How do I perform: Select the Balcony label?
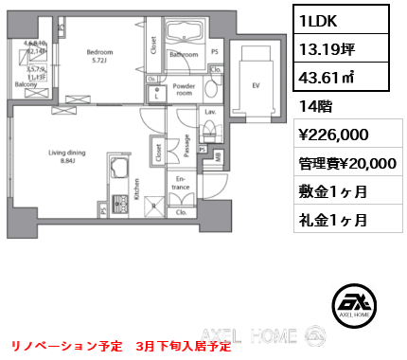point(25,84)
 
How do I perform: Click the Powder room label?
point(185,89)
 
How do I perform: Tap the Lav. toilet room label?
point(210,112)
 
